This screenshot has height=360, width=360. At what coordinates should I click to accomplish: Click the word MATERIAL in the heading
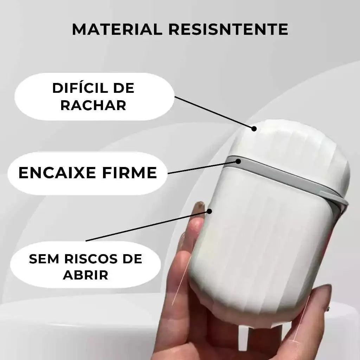117,29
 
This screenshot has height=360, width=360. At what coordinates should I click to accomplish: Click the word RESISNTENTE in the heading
229,29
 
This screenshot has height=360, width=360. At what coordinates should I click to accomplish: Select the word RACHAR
93,105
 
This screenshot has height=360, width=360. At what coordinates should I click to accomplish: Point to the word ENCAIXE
57,173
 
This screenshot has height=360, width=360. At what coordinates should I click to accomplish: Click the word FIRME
129,173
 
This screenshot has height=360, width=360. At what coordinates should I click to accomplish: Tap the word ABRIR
85,275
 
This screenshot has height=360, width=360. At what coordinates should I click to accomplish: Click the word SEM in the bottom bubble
44,259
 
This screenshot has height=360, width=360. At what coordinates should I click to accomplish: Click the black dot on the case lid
254,129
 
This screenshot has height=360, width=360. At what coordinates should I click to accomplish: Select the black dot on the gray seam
238,161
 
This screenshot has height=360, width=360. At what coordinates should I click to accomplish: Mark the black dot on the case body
209,211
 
